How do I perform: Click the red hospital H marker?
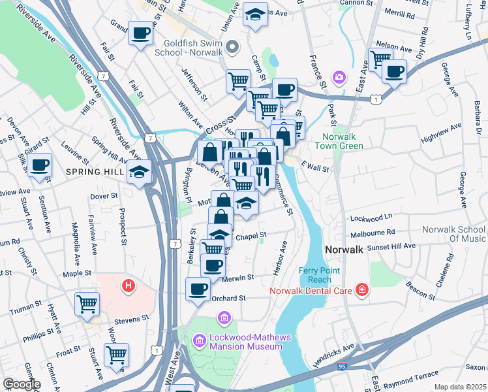pos(129,285)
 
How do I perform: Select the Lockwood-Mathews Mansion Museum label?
pos(247,341)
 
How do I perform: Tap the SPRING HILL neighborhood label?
pos(94,172)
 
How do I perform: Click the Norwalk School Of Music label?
pos(453,234)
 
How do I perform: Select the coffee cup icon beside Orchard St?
pos(198,288)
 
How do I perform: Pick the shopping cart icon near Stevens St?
pos(87,303)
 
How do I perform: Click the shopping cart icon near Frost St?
pos(116,354)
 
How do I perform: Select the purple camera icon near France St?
pos(339,78)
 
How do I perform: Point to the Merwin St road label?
pos(237,278)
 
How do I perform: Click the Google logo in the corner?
pos(22,384)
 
